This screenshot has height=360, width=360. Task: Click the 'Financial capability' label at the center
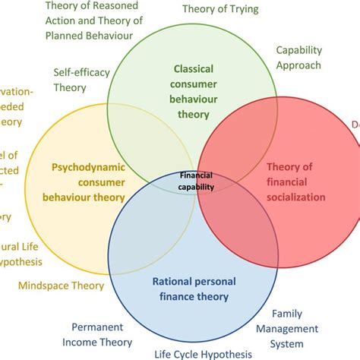195,179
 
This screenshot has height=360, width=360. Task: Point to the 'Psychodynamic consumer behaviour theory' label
87,182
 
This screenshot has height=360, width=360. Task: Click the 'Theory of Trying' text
220,9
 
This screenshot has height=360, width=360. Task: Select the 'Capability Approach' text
298,58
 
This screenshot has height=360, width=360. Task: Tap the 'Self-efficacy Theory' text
82,80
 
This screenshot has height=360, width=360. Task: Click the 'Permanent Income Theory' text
102,335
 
